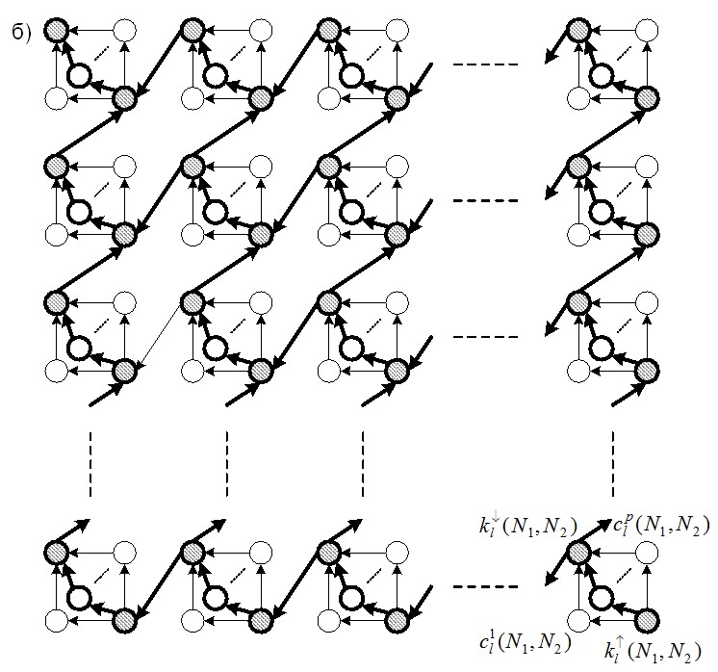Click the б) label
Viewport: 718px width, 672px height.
click(x=21, y=34)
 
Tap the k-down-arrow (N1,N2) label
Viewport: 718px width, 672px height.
click(x=528, y=527)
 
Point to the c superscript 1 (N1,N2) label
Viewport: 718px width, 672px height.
click(x=526, y=643)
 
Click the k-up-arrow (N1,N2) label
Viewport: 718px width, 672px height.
click(x=652, y=651)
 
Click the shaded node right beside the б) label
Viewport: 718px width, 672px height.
click(x=56, y=31)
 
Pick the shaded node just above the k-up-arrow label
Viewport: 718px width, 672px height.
click(x=647, y=621)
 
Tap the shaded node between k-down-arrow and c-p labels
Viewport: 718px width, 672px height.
click(x=578, y=553)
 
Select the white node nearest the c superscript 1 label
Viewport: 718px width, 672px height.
click(x=578, y=621)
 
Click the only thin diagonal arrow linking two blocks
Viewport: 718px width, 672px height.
click(x=163, y=333)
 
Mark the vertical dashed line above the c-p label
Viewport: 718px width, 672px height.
click(x=613, y=464)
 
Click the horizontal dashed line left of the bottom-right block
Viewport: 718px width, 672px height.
click(x=485, y=586)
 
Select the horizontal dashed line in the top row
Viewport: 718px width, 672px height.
click(x=485, y=65)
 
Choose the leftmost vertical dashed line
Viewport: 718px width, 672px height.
click(x=90, y=464)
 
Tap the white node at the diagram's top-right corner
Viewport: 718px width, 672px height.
click(x=647, y=31)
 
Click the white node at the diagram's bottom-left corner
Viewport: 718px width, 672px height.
click(x=57, y=621)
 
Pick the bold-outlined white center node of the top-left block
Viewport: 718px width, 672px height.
click(x=79, y=76)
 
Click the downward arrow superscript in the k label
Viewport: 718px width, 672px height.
click(x=493, y=520)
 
